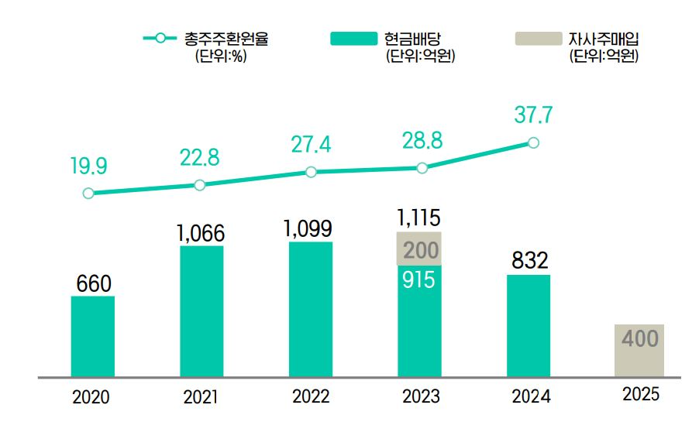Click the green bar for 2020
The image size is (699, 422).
93,336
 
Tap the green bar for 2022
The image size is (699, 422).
311,309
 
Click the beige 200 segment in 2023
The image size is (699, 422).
419,249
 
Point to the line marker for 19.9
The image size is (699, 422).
88,194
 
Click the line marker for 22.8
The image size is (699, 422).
200,184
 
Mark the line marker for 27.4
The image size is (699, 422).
311,172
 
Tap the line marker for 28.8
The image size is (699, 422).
422,167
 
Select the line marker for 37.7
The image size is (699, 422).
533,142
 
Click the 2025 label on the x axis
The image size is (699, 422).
640,395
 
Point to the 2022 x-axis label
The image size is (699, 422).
311,397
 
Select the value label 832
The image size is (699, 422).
529,261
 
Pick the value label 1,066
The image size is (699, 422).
201,232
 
